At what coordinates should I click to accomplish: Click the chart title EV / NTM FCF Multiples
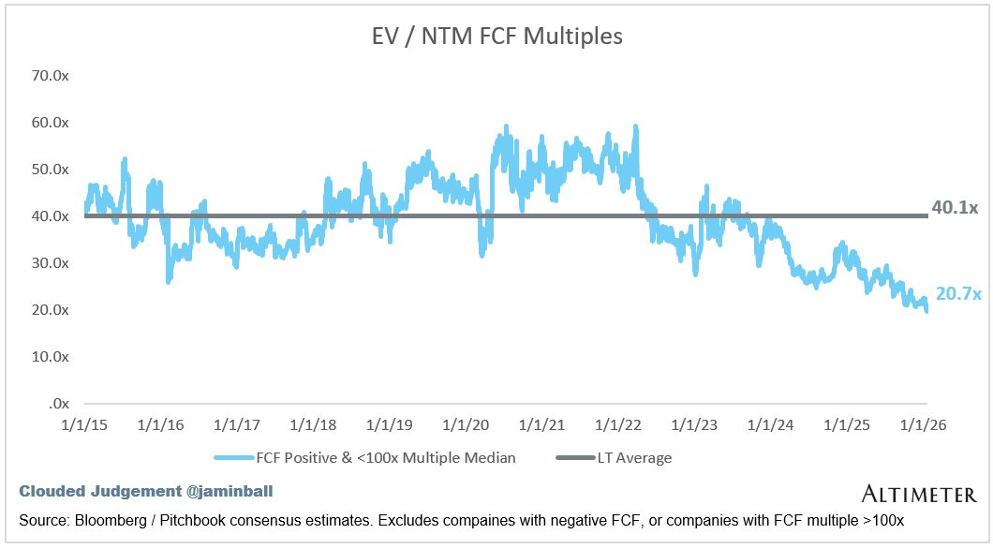pos(497,37)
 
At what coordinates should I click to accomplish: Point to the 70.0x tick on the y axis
pos(50,75)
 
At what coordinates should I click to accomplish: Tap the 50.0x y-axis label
pos(50,169)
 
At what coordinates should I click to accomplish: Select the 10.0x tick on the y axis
pos(50,357)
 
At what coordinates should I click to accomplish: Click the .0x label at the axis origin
pos(58,404)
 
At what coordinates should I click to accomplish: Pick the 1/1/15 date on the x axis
pos(84,425)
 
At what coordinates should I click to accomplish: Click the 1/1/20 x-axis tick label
pos(466,425)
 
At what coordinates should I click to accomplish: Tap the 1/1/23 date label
pos(694,425)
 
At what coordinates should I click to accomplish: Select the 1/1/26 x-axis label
pos(924,425)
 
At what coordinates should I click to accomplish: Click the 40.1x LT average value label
pos(955,207)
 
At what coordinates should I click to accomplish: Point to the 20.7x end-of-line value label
pos(958,293)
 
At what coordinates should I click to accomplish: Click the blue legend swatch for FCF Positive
pos(234,458)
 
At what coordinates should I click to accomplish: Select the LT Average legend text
pos(634,458)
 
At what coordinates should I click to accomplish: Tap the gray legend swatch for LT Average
pos(576,458)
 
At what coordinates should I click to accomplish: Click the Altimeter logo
pos(919,494)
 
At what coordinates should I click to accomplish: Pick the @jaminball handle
pos(230,491)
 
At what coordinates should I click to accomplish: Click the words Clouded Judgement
pos(100,491)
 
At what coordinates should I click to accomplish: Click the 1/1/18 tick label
pos(313,425)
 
